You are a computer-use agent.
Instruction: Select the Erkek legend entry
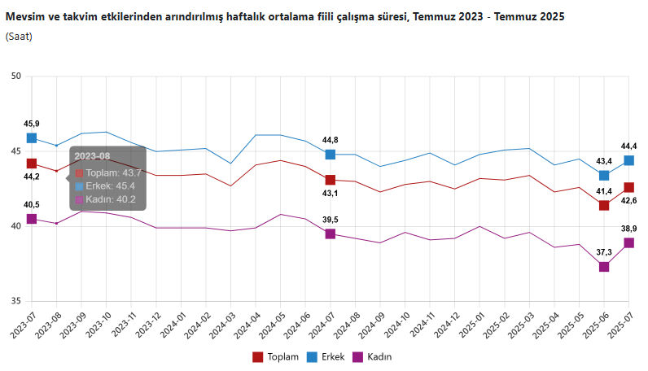326,356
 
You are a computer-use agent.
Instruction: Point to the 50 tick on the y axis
16,76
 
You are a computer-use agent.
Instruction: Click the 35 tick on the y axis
16,302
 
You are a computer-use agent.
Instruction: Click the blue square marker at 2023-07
32,138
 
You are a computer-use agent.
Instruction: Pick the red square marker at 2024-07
331,180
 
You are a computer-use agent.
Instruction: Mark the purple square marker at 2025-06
604,267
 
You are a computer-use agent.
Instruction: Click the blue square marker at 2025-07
629,160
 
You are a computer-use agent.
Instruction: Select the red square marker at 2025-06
604,205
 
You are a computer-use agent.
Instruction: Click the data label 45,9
32,123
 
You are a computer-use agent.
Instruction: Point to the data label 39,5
331,219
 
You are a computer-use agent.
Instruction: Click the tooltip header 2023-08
91,156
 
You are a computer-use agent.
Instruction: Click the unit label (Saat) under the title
19,37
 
